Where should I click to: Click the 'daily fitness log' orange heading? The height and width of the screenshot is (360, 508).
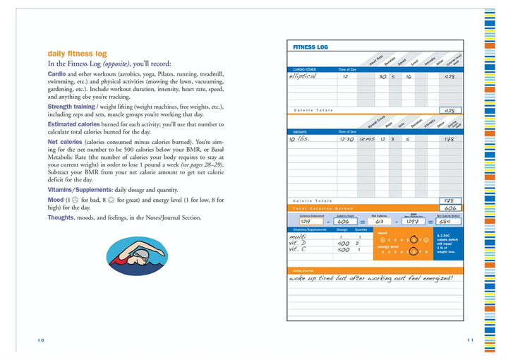click(x=77, y=54)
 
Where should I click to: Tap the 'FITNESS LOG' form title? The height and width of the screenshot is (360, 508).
click(x=310, y=47)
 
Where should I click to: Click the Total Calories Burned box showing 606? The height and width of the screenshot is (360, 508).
click(x=450, y=208)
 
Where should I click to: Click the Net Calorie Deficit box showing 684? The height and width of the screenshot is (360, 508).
click(x=449, y=222)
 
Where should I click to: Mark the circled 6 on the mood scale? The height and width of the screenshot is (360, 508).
click(x=413, y=240)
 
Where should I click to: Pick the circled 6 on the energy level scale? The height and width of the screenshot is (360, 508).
click(x=413, y=252)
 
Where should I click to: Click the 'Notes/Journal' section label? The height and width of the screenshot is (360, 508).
click(x=303, y=270)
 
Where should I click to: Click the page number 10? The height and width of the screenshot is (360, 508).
click(x=41, y=340)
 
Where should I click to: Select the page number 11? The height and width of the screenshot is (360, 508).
click(x=470, y=340)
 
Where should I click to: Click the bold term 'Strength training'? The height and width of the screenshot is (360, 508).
click(x=71, y=107)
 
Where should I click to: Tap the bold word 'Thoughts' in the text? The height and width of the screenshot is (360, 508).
click(x=61, y=218)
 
